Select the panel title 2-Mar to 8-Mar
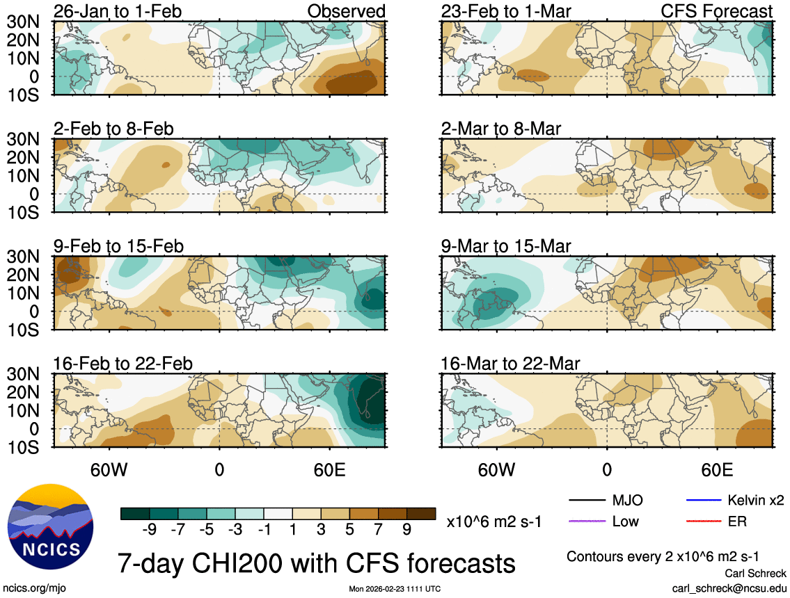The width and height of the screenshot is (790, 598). click(500, 129)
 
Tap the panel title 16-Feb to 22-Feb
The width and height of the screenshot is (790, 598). click(123, 364)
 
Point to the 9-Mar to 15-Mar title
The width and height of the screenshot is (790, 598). click(505, 246)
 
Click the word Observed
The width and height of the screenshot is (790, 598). click(346, 11)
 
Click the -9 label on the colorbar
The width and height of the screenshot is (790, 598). click(148, 529)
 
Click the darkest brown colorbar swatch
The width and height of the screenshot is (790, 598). click(421, 514)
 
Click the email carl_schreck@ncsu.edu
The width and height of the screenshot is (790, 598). click(729, 588)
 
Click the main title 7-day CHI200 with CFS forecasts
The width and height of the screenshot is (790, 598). click(316, 561)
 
